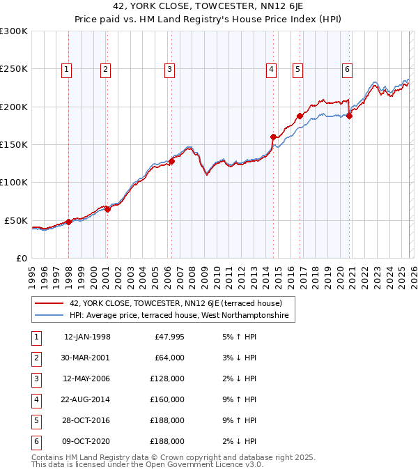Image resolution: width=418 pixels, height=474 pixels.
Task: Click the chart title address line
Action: pyautogui.click(x=208, y=8)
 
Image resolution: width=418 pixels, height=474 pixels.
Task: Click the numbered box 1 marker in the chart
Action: pyautogui.click(x=66, y=69)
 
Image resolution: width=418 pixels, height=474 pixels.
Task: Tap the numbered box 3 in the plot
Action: pyautogui.click(x=169, y=69)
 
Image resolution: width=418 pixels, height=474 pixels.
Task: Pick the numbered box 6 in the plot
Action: pyautogui.click(x=346, y=69)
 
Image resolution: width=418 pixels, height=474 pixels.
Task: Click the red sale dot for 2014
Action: pyautogui.click(x=273, y=137)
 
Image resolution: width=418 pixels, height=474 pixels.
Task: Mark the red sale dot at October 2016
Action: pyautogui.click(x=300, y=116)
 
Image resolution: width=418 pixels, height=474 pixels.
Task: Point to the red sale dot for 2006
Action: pyautogui.click(x=171, y=161)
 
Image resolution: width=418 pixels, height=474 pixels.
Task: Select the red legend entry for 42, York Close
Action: pyautogui.click(x=175, y=303)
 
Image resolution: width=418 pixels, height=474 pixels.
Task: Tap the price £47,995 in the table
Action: pyautogui.click(x=167, y=337)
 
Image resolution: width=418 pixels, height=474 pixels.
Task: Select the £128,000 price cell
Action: pyautogui.click(x=167, y=379)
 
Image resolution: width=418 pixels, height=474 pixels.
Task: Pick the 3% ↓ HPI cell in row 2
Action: pyautogui.click(x=240, y=358)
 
